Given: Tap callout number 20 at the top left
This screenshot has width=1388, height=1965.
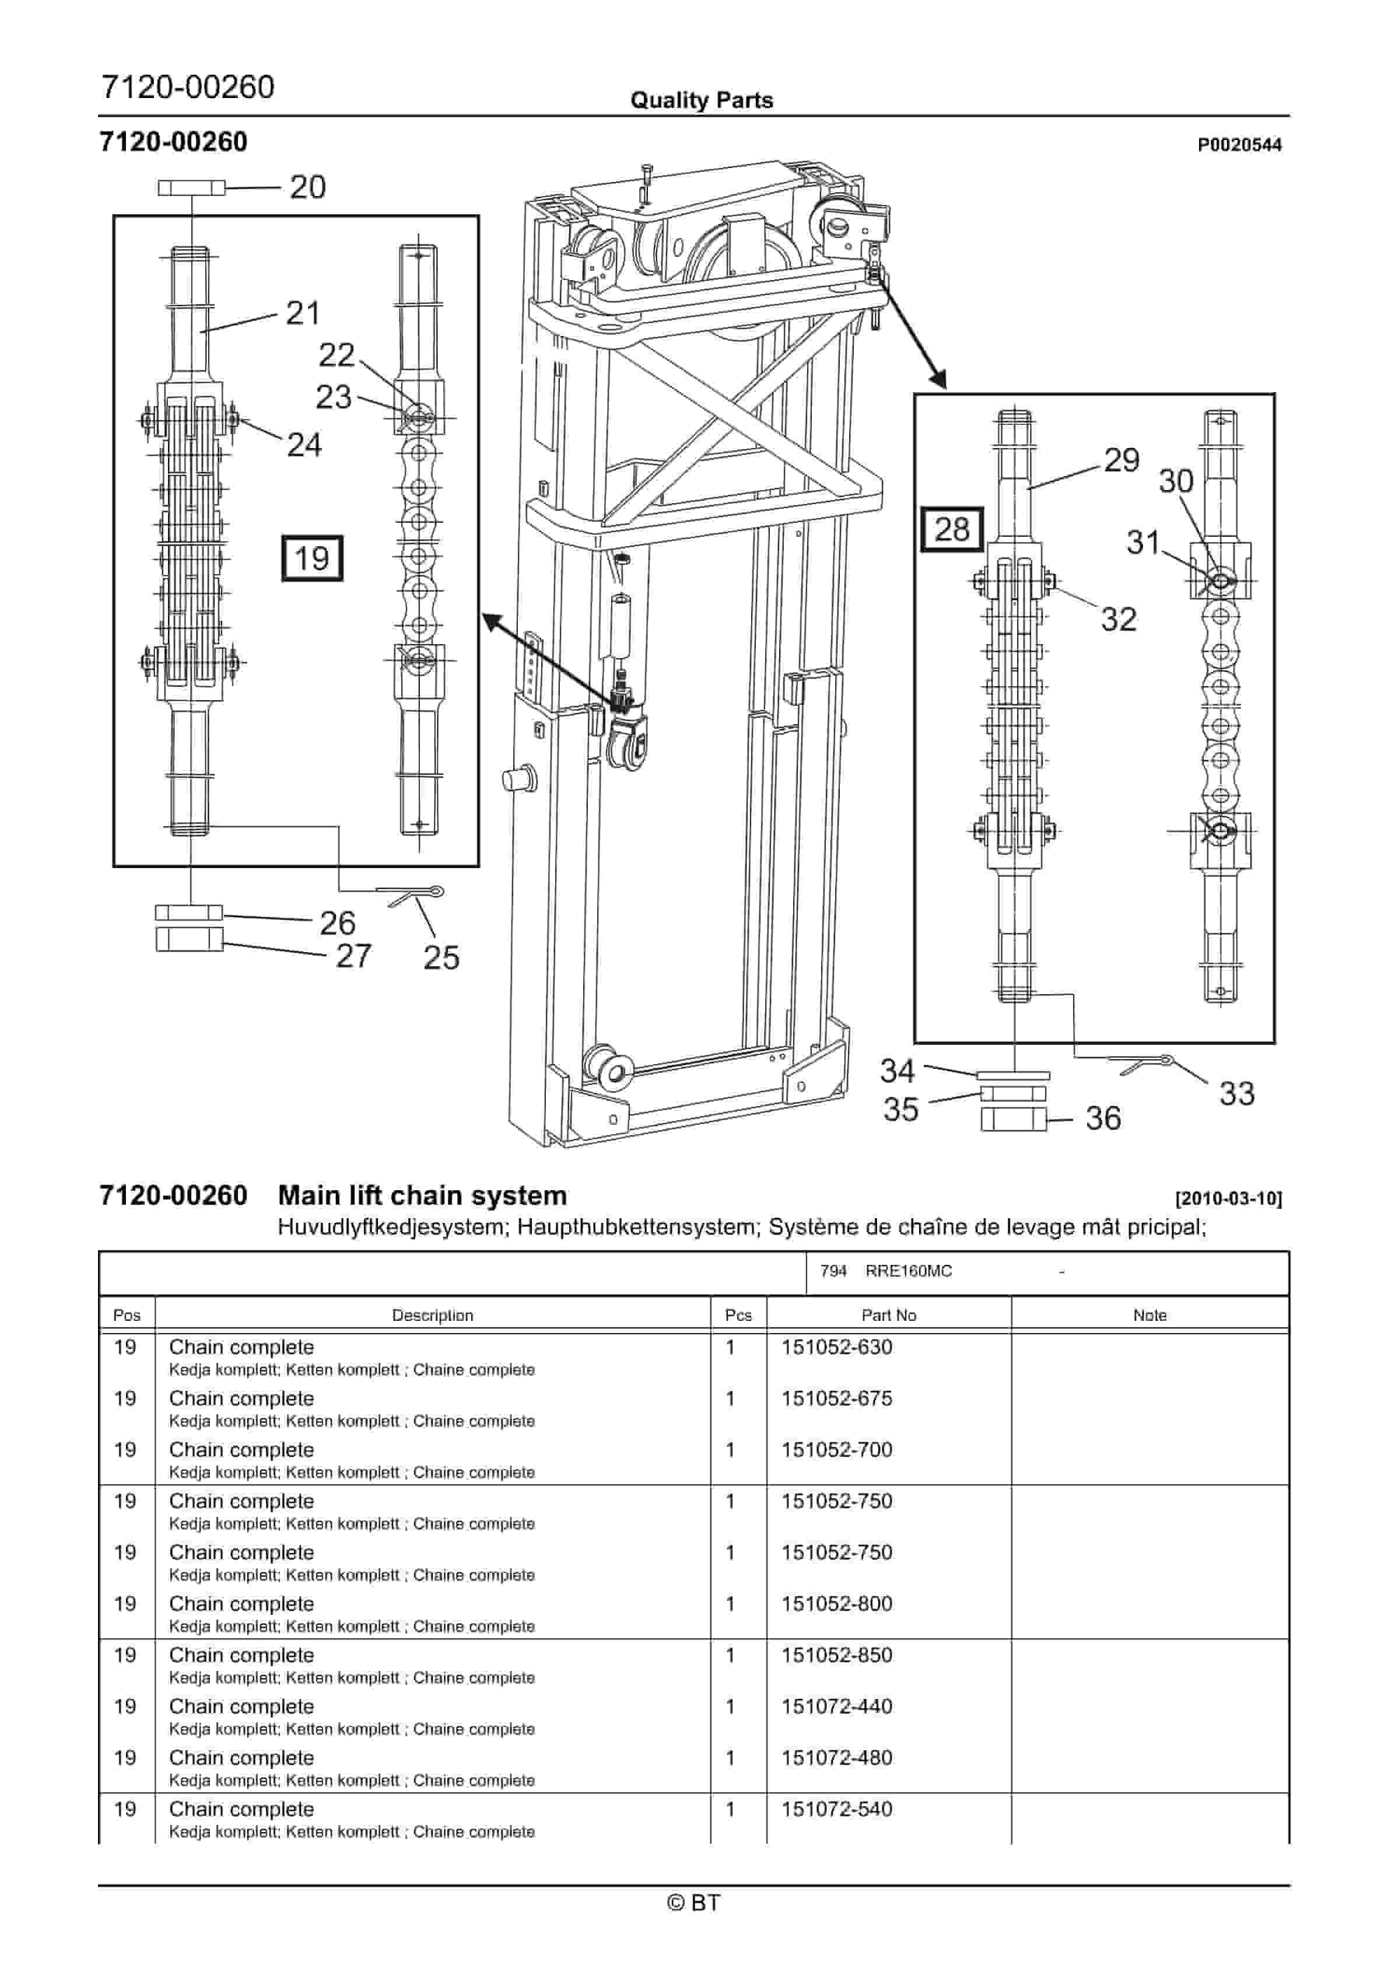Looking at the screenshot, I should pyautogui.click(x=307, y=187).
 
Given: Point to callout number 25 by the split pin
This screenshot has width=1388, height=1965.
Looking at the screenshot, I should pyautogui.click(x=441, y=957).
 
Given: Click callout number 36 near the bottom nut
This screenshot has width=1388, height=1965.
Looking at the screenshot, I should pyautogui.click(x=1102, y=1118).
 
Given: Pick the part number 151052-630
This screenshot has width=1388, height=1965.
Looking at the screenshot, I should pyautogui.click(x=836, y=1347).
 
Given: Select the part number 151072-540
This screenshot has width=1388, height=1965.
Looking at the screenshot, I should pyautogui.click(x=836, y=1809).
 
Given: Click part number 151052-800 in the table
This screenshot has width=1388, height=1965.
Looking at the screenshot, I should pyautogui.click(x=836, y=1604).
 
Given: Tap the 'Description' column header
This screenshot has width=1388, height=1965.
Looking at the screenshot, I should pyautogui.click(x=432, y=1316).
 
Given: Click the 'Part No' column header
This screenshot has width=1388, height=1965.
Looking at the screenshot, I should pyautogui.click(x=888, y=1316).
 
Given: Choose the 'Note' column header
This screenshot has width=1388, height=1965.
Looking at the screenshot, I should pyautogui.click(x=1149, y=1316).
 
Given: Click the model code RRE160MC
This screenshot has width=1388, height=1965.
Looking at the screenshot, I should pyautogui.click(x=908, y=1271).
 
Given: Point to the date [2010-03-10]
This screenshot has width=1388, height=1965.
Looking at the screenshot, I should pyautogui.click(x=1228, y=1198).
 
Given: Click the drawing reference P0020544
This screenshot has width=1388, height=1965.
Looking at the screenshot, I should pyautogui.click(x=1239, y=145).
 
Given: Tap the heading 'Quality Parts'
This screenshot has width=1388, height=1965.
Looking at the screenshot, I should pyautogui.click(x=701, y=100).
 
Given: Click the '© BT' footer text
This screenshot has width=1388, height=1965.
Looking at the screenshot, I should pyautogui.click(x=693, y=1903).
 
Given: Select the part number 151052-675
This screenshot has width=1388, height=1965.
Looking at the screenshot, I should pyautogui.click(x=836, y=1398).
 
